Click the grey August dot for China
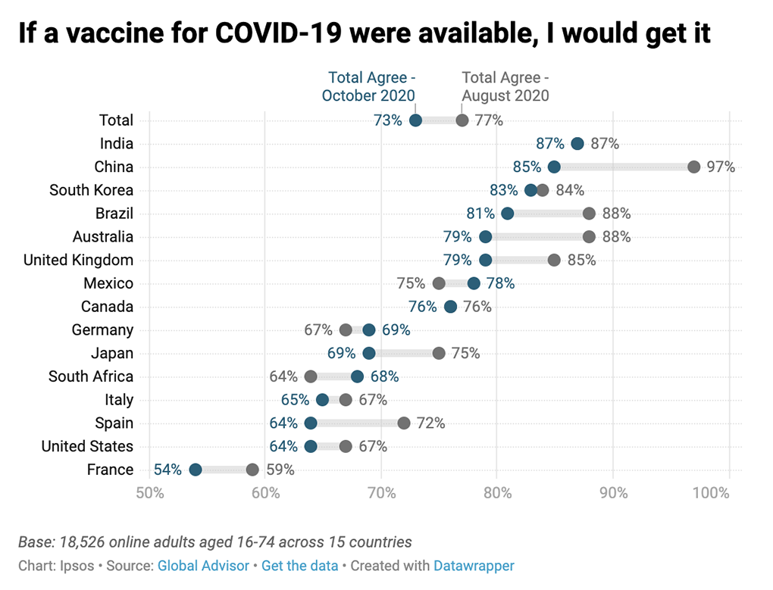click(693, 167)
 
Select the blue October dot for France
click(195, 470)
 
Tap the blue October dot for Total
click(415, 120)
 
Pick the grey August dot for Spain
click(403, 423)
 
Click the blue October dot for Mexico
click(474, 283)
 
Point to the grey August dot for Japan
click(438, 353)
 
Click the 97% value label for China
click(721, 167)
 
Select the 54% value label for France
click(167, 470)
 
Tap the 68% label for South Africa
click(384, 376)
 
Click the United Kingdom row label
click(78, 260)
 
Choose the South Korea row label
click(91, 190)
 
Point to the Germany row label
click(102, 329)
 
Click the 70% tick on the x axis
click(381, 493)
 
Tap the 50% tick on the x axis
click(149, 493)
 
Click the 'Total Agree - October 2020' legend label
click(371, 86)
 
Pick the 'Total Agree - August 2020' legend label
click(505, 86)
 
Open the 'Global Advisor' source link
click(203, 565)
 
